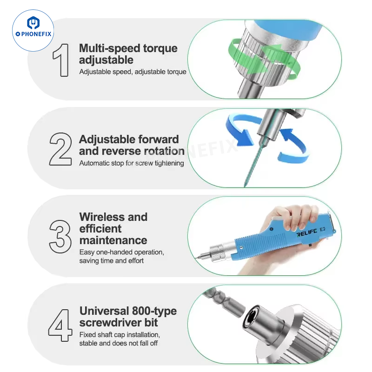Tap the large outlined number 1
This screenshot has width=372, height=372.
pyautogui.click(x=61, y=60)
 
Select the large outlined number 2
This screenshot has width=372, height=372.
pyautogui.click(x=60, y=149)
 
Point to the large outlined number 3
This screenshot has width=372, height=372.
pyautogui.click(x=60, y=237)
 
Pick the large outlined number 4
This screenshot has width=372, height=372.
pyautogui.click(x=60, y=325)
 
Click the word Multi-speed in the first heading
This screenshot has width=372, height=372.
pyautogui.click(x=109, y=49)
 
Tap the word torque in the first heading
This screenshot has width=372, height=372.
pyautogui.click(x=160, y=49)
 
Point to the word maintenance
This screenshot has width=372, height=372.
pyautogui.click(x=113, y=240)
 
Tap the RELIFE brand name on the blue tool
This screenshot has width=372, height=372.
pyautogui.click(x=306, y=232)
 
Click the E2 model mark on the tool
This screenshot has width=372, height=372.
pyautogui.click(x=322, y=229)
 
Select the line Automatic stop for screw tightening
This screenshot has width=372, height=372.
pyautogui.click(x=132, y=163)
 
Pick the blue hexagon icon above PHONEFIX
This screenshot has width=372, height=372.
pyautogui.click(x=33, y=23)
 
